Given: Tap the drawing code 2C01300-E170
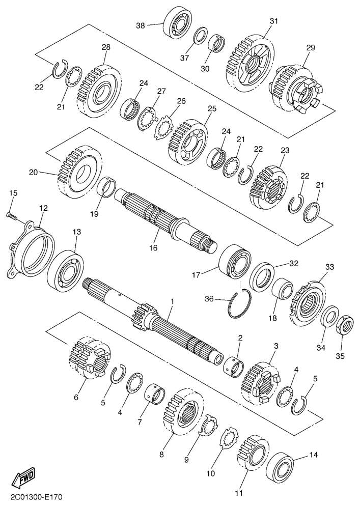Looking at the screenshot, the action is pos(32,497).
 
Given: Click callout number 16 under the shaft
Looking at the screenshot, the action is pos(153,247).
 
